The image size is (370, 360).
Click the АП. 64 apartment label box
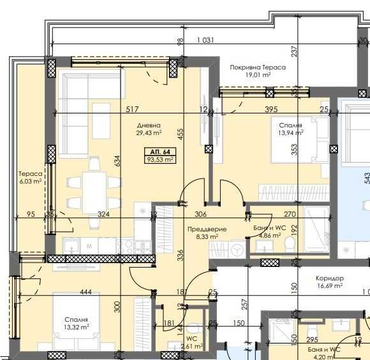160,152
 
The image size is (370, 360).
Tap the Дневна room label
148,126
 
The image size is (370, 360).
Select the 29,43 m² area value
148,133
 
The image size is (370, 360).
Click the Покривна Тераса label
258,67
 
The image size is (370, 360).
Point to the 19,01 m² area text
258,75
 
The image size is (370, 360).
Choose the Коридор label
330,278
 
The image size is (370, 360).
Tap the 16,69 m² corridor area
330,286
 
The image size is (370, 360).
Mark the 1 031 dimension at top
205,40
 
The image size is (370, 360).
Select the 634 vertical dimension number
117,161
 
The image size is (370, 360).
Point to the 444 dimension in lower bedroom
86,292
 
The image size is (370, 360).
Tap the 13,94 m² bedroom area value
290,133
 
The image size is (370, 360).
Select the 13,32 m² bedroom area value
76,328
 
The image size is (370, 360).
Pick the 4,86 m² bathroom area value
270,236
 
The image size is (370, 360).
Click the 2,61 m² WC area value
191,346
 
